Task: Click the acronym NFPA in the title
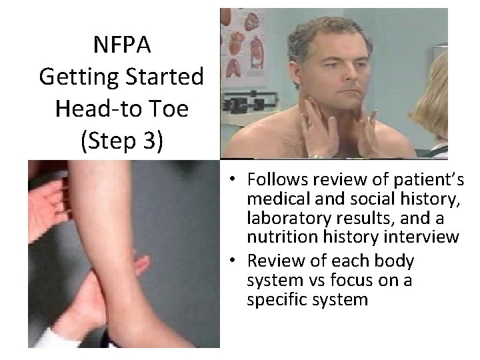pos(121,46)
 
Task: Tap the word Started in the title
pos(165,77)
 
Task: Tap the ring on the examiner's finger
pos(308,124)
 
